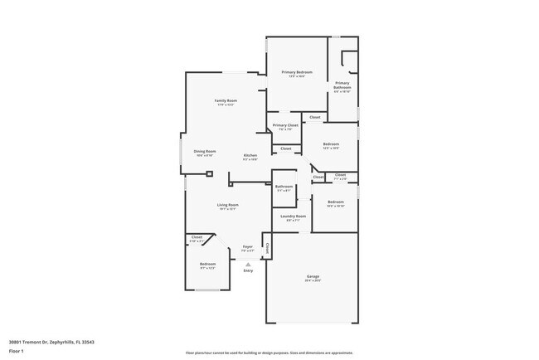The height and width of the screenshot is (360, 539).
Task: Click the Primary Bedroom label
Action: (295, 72)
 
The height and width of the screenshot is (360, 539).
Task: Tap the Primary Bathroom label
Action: (342, 85)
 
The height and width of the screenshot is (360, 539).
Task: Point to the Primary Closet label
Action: (285, 125)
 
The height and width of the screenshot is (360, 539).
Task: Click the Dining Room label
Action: (205, 151)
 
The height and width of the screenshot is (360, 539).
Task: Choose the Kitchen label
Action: (250, 156)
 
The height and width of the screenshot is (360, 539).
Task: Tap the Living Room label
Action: (228, 205)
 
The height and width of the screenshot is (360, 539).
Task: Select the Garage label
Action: (313, 276)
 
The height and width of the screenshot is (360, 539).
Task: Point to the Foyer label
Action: (247, 246)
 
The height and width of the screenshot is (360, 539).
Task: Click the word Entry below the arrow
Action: (248, 270)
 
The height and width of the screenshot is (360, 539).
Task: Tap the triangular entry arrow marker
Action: (247, 264)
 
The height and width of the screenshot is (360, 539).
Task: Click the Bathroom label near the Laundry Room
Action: (284, 187)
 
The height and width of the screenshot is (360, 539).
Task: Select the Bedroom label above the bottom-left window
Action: (207, 264)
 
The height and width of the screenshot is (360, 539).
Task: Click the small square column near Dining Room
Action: (210, 174)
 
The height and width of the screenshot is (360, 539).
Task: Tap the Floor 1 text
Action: (16, 351)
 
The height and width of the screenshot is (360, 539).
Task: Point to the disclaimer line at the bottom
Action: (269, 353)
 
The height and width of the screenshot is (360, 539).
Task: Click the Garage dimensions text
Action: (313, 280)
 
